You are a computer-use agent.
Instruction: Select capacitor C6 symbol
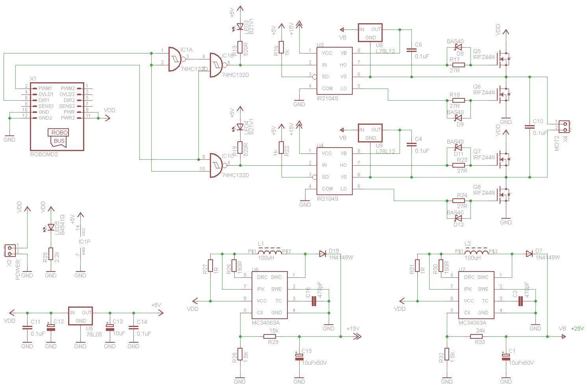[x=411, y=50]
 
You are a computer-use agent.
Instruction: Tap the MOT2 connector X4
[x=564, y=127]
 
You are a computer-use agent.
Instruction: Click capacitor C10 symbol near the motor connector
[x=530, y=127]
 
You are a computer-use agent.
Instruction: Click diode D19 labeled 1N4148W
[x=323, y=254]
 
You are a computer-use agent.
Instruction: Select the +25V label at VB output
[x=578, y=329]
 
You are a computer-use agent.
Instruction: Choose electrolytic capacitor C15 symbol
[x=299, y=357]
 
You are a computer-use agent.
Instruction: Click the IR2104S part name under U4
[x=328, y=199]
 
